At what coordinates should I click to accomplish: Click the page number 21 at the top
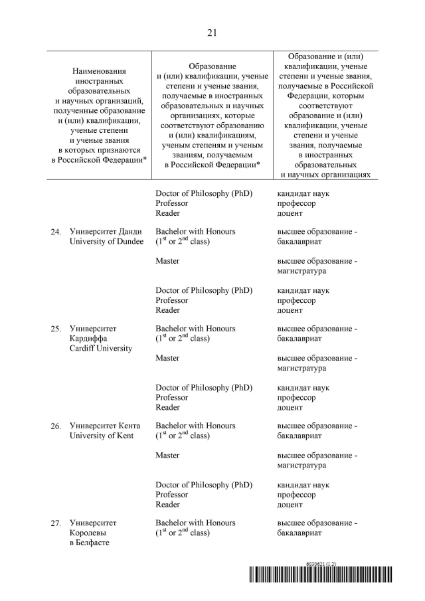point(212,32)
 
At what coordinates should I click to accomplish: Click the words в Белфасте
point(90,543)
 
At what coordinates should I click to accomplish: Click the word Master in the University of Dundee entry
point(167,261)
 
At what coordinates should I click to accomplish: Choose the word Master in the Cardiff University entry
point(167,358)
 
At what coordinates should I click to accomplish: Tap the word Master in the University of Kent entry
point(167,456)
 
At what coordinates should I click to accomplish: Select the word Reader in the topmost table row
point(167,213)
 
